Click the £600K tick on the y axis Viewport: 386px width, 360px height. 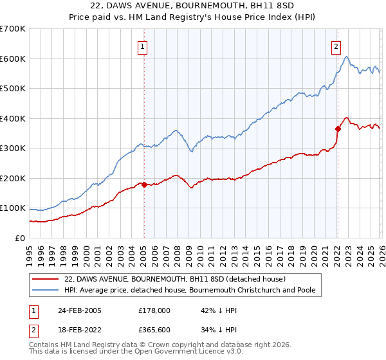[x=12, y=59]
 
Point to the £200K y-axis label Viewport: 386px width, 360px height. [x=12, y=178]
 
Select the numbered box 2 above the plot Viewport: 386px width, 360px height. [x=336, y=46]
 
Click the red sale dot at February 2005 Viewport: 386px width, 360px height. [x=143, y=184]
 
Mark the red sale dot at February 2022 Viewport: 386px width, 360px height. [x=337, y=129]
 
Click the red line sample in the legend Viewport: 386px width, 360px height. [x=45, y=279]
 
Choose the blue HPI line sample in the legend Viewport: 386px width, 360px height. [x=45, y=290]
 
